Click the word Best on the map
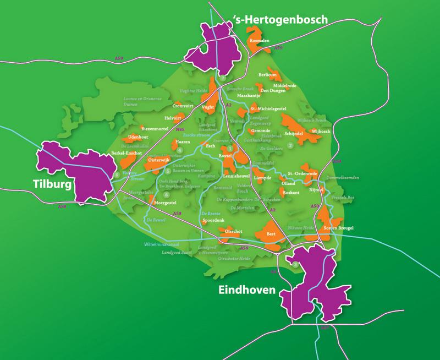tap(270, 234)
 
